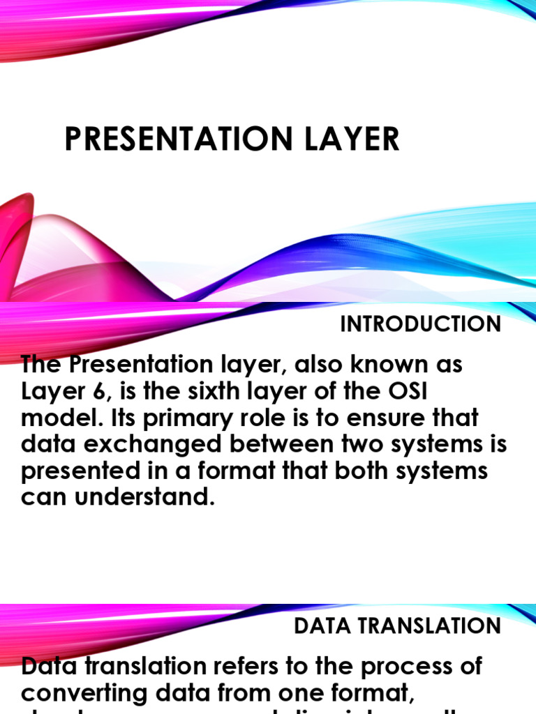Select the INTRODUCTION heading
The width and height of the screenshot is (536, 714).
[x=420, y=324]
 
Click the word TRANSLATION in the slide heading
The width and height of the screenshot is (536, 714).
[x=435, y=625]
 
